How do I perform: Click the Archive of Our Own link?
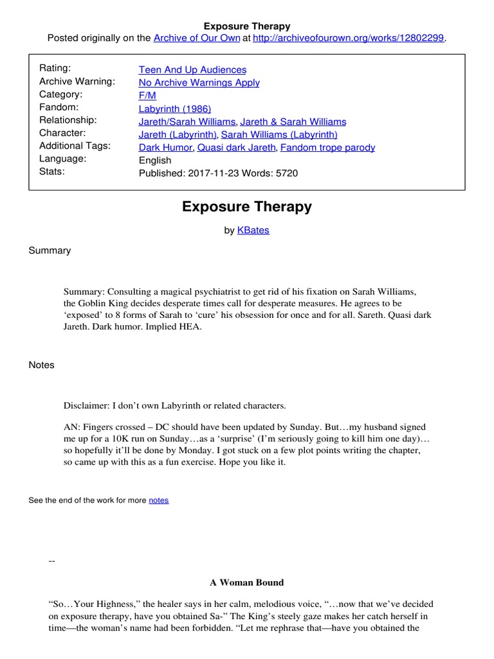[196, 38]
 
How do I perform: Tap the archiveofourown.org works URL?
[349, 38]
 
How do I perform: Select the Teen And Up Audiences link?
[192, 70]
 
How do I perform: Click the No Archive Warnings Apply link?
[199, 82]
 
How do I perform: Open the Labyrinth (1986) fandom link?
[175, 109]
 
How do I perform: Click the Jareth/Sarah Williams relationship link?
[188, 122]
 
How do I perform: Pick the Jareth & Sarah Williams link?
[293, 122]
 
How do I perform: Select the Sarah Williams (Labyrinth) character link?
[279, 135]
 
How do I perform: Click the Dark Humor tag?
[165, 147]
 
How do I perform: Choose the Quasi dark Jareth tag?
[236, 147]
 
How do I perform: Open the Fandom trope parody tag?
[328, 147]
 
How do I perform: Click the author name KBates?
[253, 230]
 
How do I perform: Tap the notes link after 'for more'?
[159, 500]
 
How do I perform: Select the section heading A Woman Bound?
[246, 582]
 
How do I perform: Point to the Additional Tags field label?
[75, 145]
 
